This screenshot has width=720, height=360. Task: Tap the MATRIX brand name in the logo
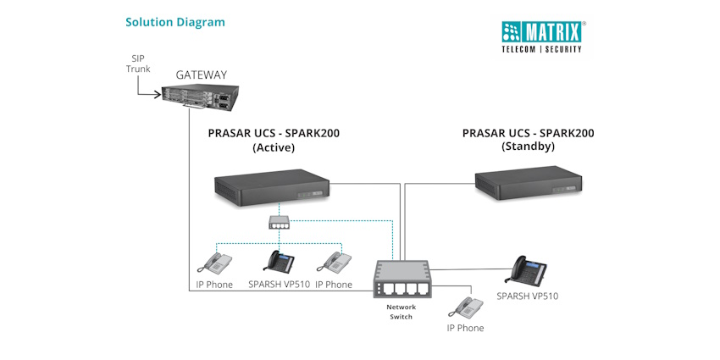click(551, 33)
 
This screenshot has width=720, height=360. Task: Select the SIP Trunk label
click(138, 63)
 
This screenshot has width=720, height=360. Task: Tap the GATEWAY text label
click(201, 75)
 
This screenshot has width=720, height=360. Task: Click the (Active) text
click(273, 147)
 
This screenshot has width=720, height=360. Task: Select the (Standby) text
click(528, 147)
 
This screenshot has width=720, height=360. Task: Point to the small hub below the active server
click(280, 222)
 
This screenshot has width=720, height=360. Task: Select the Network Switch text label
click(400, 312)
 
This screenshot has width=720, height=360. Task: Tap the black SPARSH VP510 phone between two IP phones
click(280, 261)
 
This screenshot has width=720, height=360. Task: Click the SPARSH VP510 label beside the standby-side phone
click(527, 296)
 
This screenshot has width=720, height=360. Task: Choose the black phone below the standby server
click(527, 269)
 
